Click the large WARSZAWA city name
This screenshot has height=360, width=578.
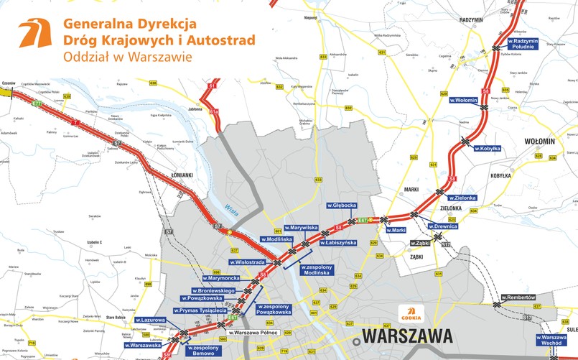tap(407, 336)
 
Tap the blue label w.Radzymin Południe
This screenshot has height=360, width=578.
tap(535, 43)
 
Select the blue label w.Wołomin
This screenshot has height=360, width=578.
tap(463, 100)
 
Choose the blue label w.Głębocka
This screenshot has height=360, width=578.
tap(342, 205)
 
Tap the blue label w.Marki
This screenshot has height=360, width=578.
tap(396, 230)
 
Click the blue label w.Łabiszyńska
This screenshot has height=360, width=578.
tap(340, 243)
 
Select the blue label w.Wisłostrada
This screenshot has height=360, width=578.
tap(248, 262)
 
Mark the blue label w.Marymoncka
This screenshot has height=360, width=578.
tap(225, 278)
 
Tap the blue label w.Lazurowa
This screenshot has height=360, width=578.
tap(151, 320)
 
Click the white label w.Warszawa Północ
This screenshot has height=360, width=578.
tap(253, 332)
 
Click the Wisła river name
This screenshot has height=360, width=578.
tap(230, 208)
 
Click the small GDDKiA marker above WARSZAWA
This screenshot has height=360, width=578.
tap(411, 314)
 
